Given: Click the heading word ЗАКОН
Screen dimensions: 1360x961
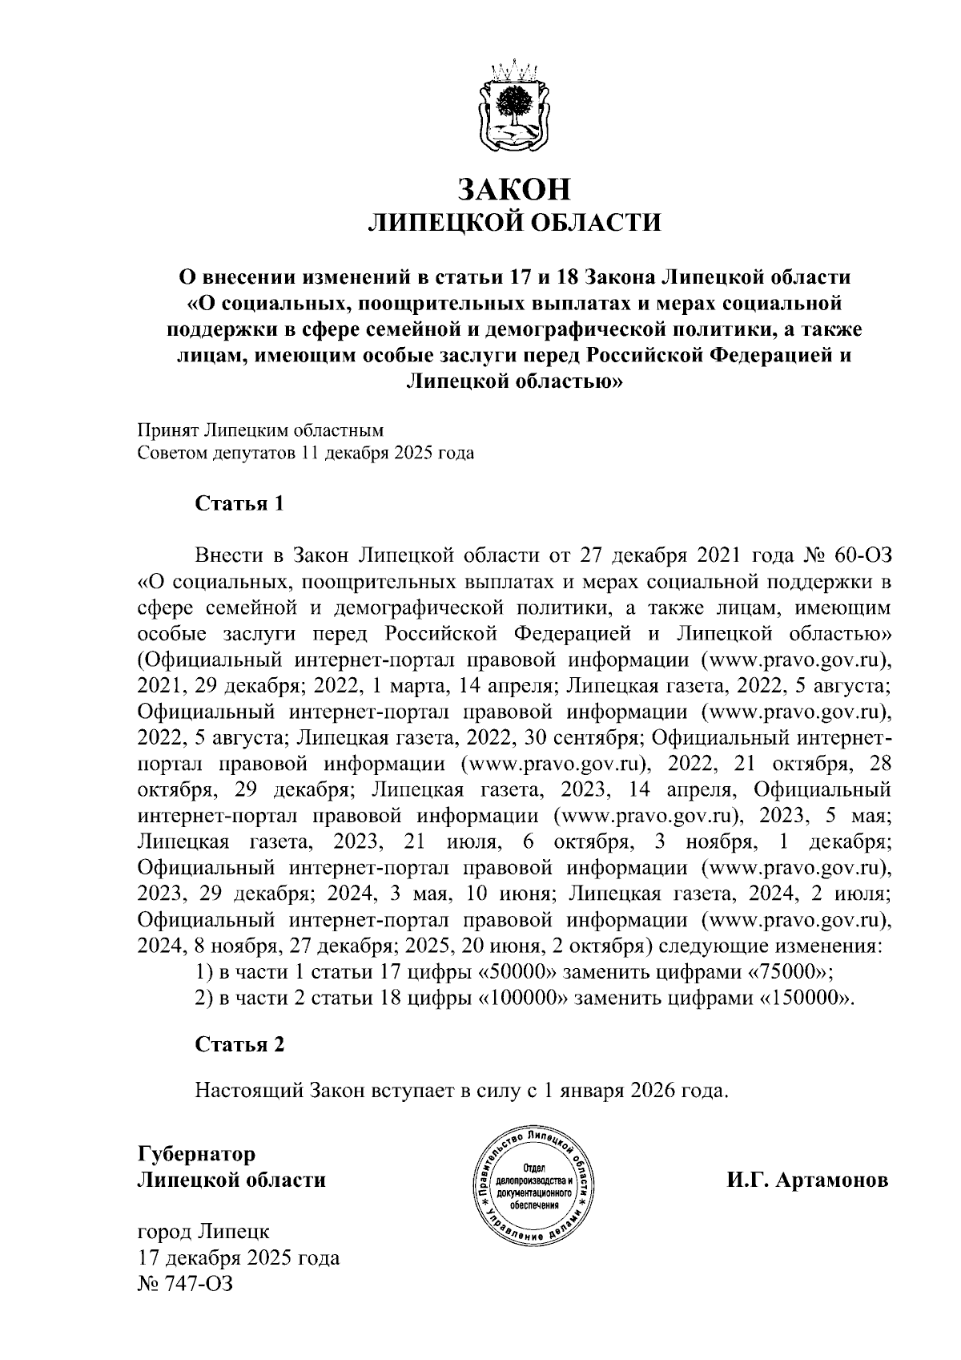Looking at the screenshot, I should pos(513,188).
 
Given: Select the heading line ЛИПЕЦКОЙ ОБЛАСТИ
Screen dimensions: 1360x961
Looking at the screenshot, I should pos(513,222).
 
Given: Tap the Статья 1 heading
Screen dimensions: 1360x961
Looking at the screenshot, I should pos(239,504).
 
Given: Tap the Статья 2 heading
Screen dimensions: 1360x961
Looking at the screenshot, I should pos(239,1044).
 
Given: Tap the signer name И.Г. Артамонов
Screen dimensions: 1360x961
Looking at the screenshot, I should pos(807,1180).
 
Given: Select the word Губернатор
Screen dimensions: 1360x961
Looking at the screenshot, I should pos(197,1154).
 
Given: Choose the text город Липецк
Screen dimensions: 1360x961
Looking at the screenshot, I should pos(203,1231).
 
